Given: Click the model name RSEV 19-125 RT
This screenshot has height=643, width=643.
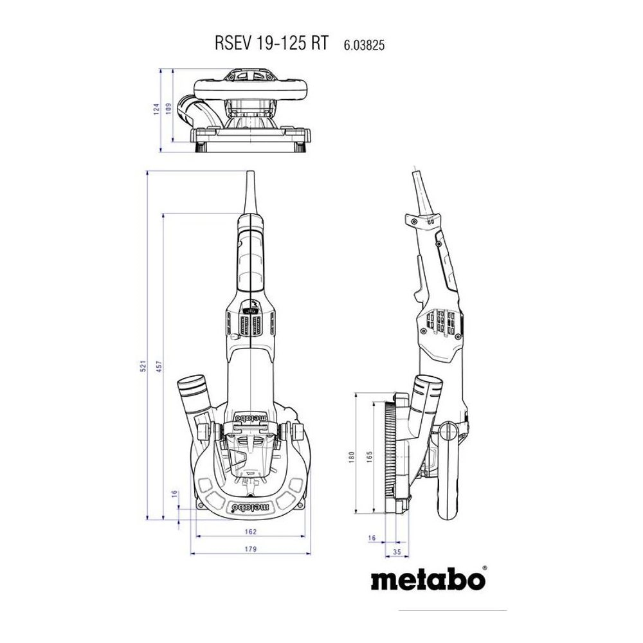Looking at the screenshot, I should point(271,44).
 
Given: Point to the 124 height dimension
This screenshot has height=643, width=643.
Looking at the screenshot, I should point(156,109).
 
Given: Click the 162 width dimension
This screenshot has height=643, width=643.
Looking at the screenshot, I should point(251,531).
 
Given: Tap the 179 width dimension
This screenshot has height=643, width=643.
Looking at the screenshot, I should point(251,548).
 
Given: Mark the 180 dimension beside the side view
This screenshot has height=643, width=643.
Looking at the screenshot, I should point(351,455).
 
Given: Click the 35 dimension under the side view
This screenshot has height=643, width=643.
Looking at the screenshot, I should point(397,551).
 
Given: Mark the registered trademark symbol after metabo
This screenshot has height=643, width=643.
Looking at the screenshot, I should point(484,567).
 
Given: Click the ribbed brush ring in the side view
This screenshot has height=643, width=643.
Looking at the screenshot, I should point(390,453).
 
